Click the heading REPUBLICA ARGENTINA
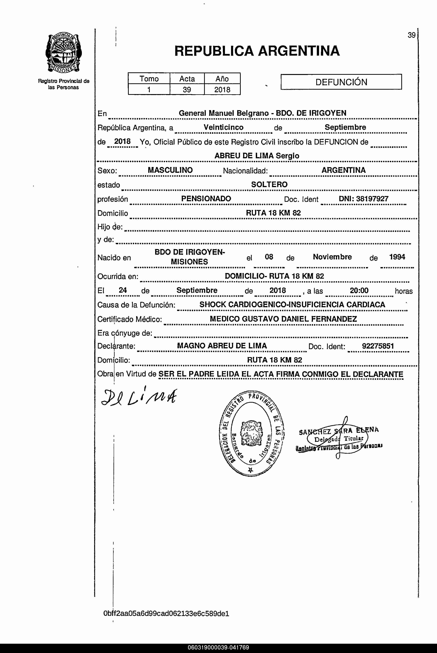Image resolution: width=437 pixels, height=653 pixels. (x=257, y=51)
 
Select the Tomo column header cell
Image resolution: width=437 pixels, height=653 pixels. (x=149, y=78)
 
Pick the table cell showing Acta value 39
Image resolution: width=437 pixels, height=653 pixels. (x=187, y=90)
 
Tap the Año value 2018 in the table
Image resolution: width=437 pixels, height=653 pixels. (x=222, y=90)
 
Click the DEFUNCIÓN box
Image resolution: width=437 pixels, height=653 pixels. (x=341, y=82)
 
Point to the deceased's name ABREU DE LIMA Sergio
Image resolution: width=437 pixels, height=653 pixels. (x=257, y=156)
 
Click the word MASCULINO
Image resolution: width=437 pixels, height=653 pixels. (x=170, y=170)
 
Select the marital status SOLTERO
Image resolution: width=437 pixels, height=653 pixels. (x=269, y=184)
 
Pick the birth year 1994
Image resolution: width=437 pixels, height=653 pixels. (x=397, y=257)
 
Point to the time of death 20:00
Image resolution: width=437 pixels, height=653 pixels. (x=359, y=291)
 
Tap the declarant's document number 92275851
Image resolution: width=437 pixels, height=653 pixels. (x=378, y=346)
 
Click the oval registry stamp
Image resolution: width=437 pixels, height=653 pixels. (x=252, y=433)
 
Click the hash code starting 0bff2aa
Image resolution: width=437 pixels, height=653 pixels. (x=166, y=613)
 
